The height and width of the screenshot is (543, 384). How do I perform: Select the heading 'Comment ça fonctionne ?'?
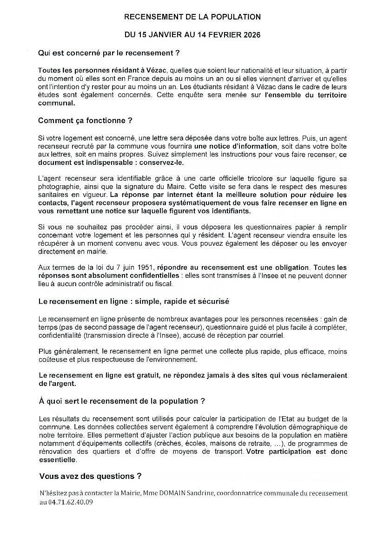(x=85, y=121)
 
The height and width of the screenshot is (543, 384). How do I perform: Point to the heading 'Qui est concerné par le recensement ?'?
(x=109, y=53)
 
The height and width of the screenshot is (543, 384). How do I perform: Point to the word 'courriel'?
(x=271, y=335)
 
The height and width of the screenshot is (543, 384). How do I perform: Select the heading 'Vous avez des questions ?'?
(x=90, y=476)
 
